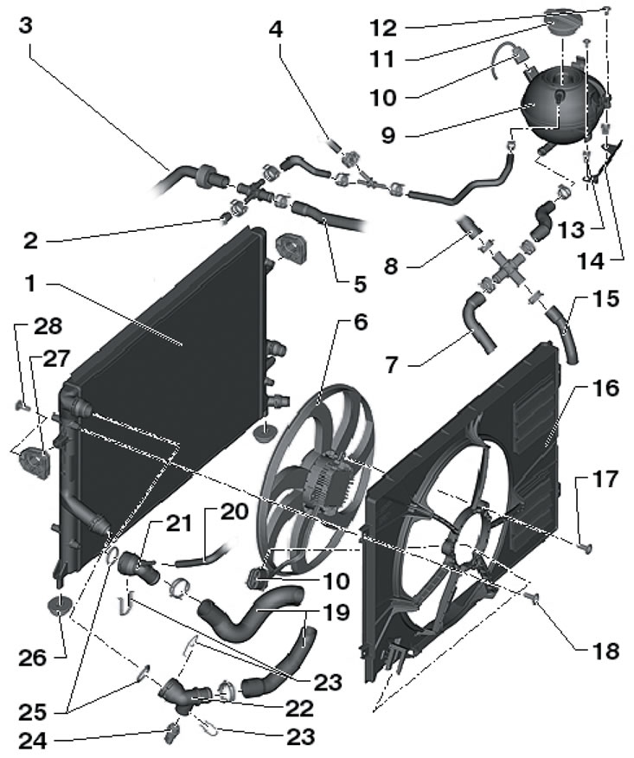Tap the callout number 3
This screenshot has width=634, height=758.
click(25, 25)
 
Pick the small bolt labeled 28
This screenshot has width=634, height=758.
click(23, 403)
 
